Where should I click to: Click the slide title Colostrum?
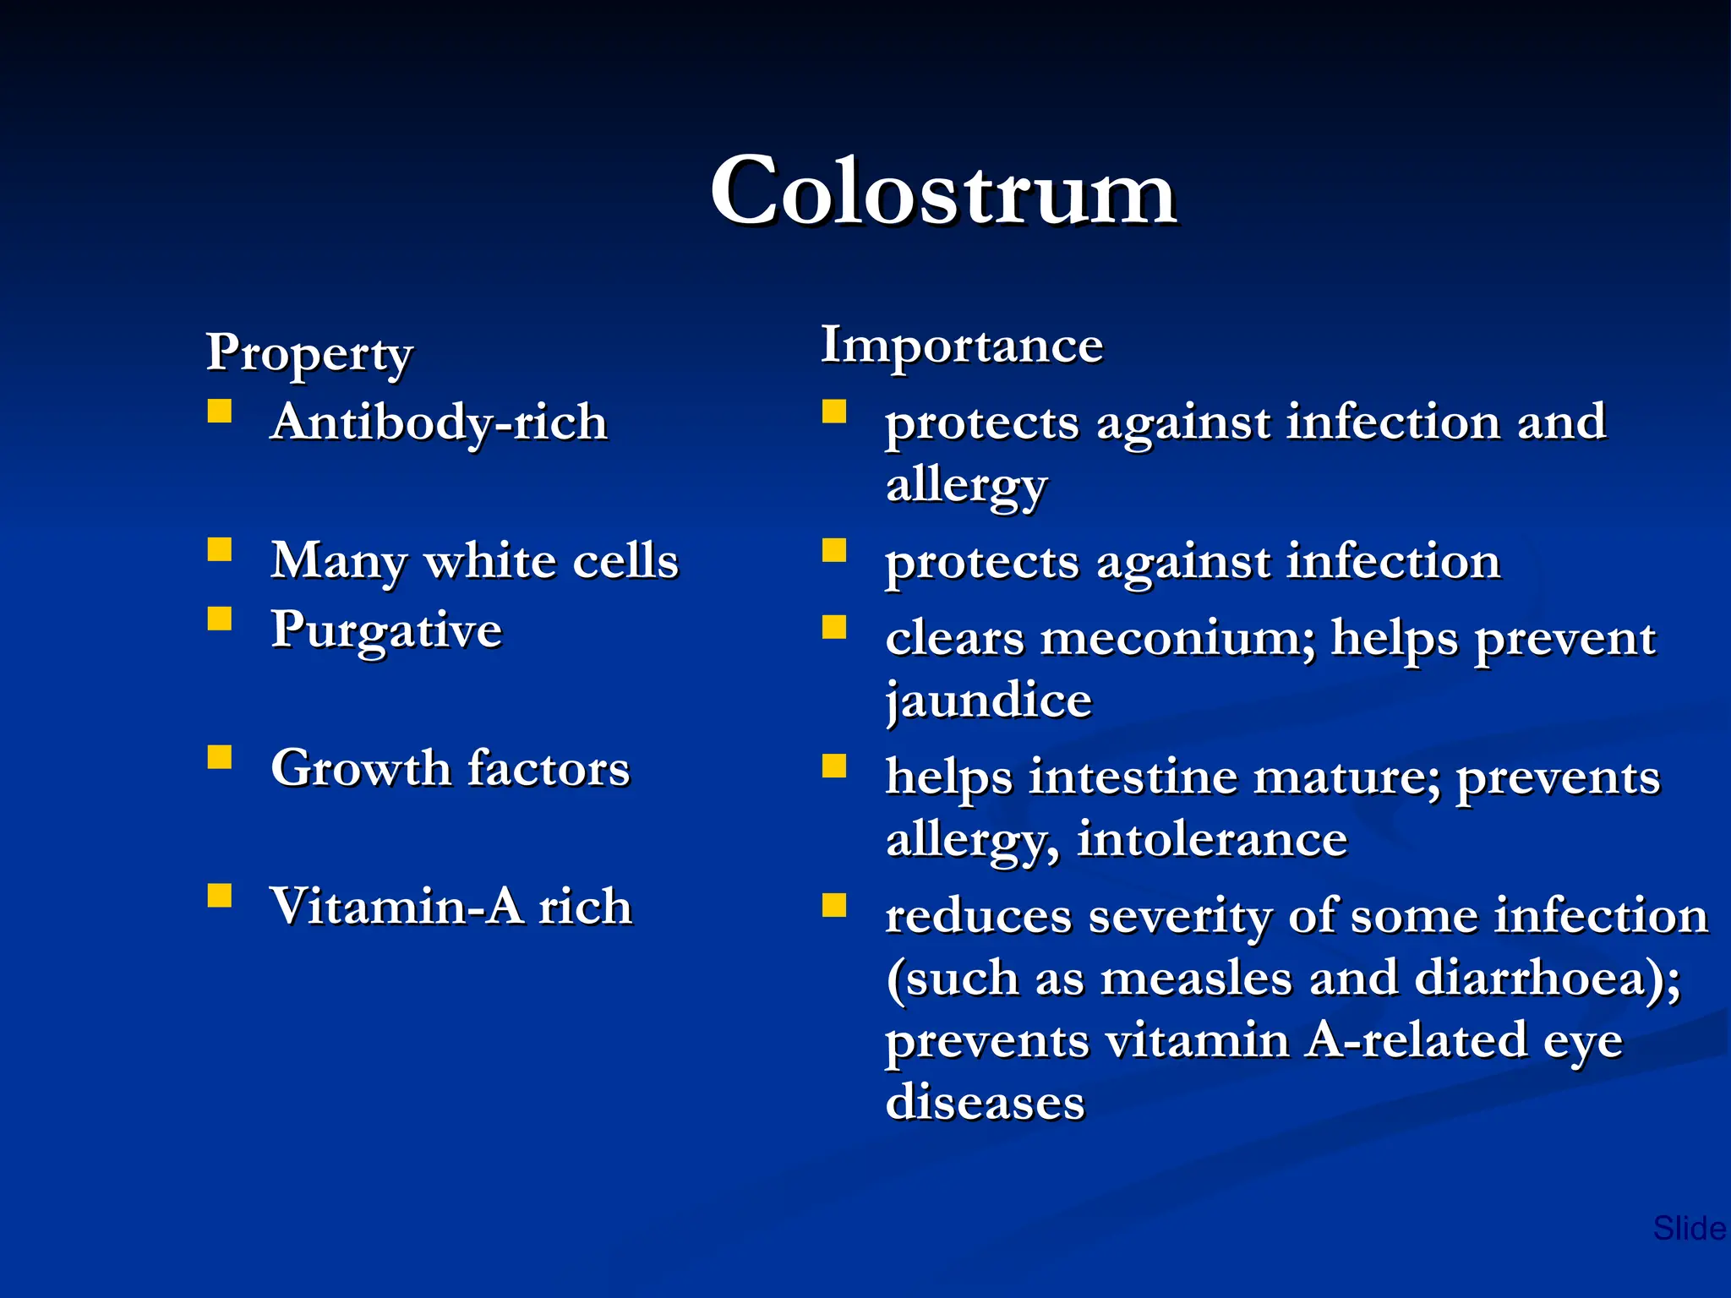(942, 193)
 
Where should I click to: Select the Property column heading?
(309, 353)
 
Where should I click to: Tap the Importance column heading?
(962, 345)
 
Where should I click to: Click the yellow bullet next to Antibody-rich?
(220, 412)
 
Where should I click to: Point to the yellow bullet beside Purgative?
(220, 619)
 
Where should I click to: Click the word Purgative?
(386, 630)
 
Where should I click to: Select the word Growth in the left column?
(361, 768)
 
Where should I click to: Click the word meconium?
(1177, 638)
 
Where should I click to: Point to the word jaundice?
(989, 701)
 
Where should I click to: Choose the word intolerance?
(1212, 839)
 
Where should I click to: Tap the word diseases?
(985, 1102)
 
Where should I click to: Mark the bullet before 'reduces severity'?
(834, 905)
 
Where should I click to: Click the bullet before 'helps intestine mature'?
(834, 766)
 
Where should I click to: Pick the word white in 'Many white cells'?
(489, 560)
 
